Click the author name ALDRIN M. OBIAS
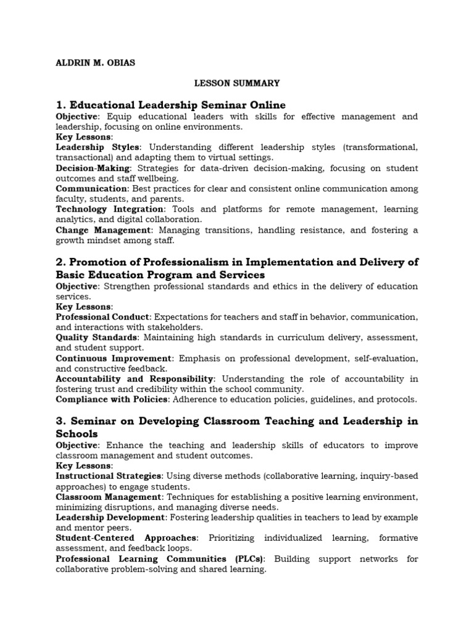tap(95, 62)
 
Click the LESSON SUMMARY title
tap(237, 83)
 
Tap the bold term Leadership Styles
tap(98, 147)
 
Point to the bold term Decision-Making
tap(93, 168)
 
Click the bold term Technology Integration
tap(109, 209)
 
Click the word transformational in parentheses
tap(380, 147)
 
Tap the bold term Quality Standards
tap(96, 338)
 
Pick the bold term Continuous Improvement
tap(114, 358)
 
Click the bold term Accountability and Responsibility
tap(135, 378)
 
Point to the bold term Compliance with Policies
tap(112, 399)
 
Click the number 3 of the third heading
tap(60, 421)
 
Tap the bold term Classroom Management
tap(109, 497)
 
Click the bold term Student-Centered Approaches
tap(127, 538)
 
